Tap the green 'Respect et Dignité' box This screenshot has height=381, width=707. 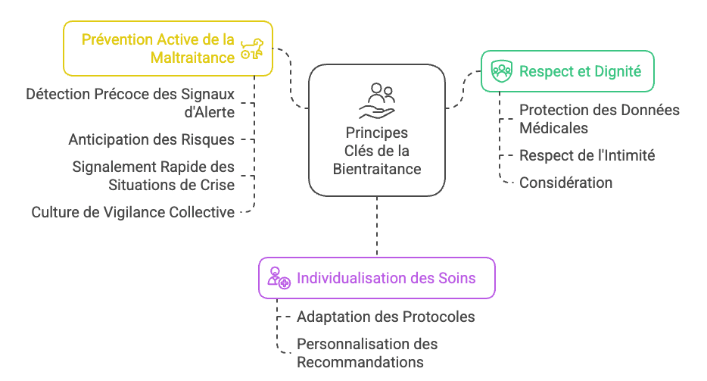point(568,71)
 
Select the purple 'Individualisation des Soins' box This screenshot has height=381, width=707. point(377,278)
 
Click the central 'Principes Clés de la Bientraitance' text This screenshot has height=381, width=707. point(377,151)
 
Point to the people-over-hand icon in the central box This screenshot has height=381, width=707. point(377,101)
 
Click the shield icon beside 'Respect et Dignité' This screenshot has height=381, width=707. point(501,72)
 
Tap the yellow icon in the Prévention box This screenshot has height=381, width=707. point(251,49)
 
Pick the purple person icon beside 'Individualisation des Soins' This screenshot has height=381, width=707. point(278,279)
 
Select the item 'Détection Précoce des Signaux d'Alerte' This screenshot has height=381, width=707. point(130,103)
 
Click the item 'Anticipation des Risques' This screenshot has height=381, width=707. point(151,139)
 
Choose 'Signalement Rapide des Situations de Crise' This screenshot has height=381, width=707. point(153,175)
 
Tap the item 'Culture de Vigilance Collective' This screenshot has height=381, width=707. point(132,212)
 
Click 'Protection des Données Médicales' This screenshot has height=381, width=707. point(599,119)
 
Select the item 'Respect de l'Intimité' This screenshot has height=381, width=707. point(587,155)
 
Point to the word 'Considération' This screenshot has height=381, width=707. point(565,183)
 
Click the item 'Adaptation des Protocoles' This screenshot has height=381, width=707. point(385,317)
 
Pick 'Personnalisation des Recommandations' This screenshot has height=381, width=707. point(367,353)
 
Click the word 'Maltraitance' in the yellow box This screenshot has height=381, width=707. point(192,57)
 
